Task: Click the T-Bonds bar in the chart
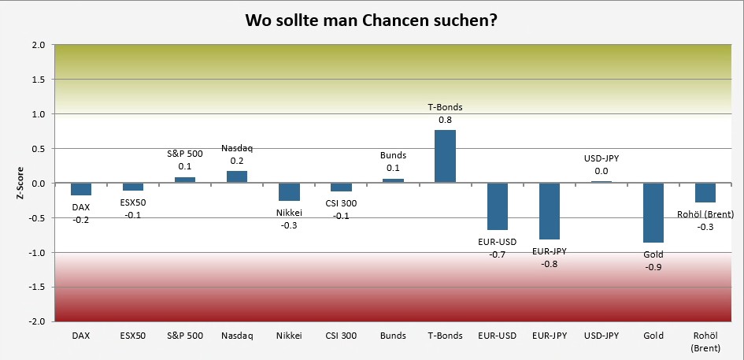tap(445, 157)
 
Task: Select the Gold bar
tap(653, 213)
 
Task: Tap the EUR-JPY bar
tap(550, 211)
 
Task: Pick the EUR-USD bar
tap(498, 206)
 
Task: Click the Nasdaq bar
tap(237, 176)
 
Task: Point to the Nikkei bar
tap(289, 192)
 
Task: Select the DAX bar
tap(81, 189)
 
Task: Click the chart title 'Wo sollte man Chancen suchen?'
tap(371, 19)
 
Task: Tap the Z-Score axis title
tap(21, 183)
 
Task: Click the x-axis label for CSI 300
tap(341, 336)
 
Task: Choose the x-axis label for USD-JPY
tap(601, 336)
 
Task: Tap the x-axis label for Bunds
tap(393, 336)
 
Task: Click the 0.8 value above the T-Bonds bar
tap(445, 120)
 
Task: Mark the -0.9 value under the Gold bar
tap(653, 267)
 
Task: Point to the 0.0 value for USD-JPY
tap(601, 171)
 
